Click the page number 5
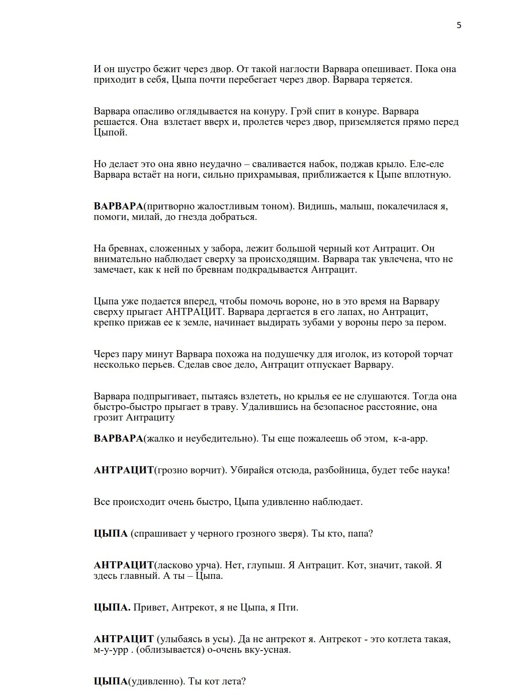pyautogui.click(x=459, y=25)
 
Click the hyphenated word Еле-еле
pyautogui.click(x=426, y=164)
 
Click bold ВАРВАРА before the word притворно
pyautogui.click(x=118, y=206)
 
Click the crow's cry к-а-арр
pyautogui.click(x=410, y=439)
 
